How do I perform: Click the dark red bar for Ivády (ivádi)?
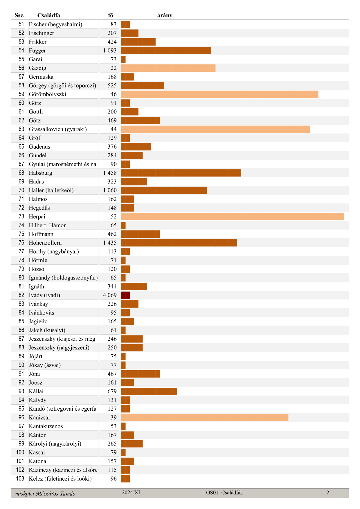pos(125,295)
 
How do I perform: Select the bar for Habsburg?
pos(181,173)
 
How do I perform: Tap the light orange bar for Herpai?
pos(232,216)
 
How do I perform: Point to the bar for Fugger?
pos(166,50)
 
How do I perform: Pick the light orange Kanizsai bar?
pos(204,417)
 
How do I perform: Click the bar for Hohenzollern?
pos(179,243)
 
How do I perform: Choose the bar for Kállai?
pos(149,391)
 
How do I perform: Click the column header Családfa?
pos(49,15)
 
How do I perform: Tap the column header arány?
pos(165,15)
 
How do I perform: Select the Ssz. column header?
pos(20,15)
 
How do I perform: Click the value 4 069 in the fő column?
pos(110,295)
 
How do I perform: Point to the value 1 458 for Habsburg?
pos(110,173)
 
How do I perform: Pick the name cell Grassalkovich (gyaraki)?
pos(58,129)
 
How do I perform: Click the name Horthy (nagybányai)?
pos(54,251)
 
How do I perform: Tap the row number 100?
pos(20,452)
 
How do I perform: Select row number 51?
pos(21,24)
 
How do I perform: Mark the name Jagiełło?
pos(38,321)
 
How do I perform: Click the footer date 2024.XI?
pos(132,492)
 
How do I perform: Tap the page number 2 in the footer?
pos(328,492)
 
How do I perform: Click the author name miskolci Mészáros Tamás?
pos(45,493)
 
